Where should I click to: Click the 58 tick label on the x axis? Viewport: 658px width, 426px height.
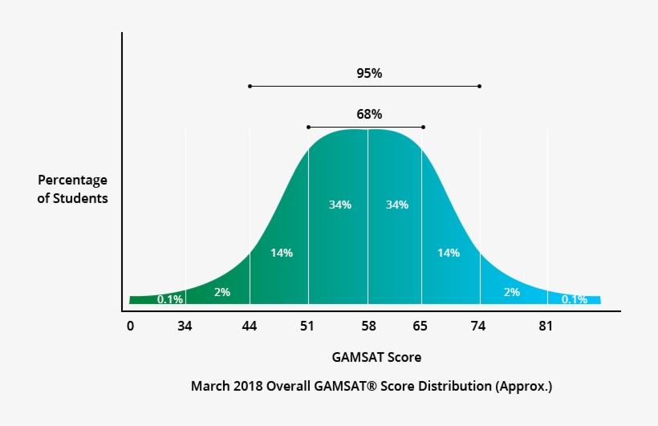coord(368,326)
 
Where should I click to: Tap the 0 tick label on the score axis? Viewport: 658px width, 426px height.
coord(130,326)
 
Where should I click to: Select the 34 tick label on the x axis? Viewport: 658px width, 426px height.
coord(185,326)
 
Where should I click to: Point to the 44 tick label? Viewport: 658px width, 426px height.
coord(250,326)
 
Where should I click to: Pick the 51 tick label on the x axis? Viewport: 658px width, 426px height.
coord(308,326)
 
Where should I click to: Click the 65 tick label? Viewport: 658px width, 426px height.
coord(421,326)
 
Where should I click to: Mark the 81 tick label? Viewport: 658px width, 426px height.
coord(546,326)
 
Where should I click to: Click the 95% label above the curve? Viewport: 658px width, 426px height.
coord(369,73)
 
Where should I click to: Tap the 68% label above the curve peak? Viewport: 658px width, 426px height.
coord(369,114)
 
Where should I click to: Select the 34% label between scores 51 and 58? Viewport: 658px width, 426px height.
coord(339,205)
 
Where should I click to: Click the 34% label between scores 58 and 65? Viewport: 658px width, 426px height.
coord(396,205)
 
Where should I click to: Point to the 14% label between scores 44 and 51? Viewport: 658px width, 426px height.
coord(281,253)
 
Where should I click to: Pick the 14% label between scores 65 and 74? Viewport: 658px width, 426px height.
coord(448,253)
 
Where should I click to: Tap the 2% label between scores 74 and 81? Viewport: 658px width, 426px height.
coord(511,292)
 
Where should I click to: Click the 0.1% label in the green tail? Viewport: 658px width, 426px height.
coord(170,299)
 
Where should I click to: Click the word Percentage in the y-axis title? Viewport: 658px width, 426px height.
coord(72,181)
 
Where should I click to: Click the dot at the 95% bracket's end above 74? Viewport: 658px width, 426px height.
coord(480,86)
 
